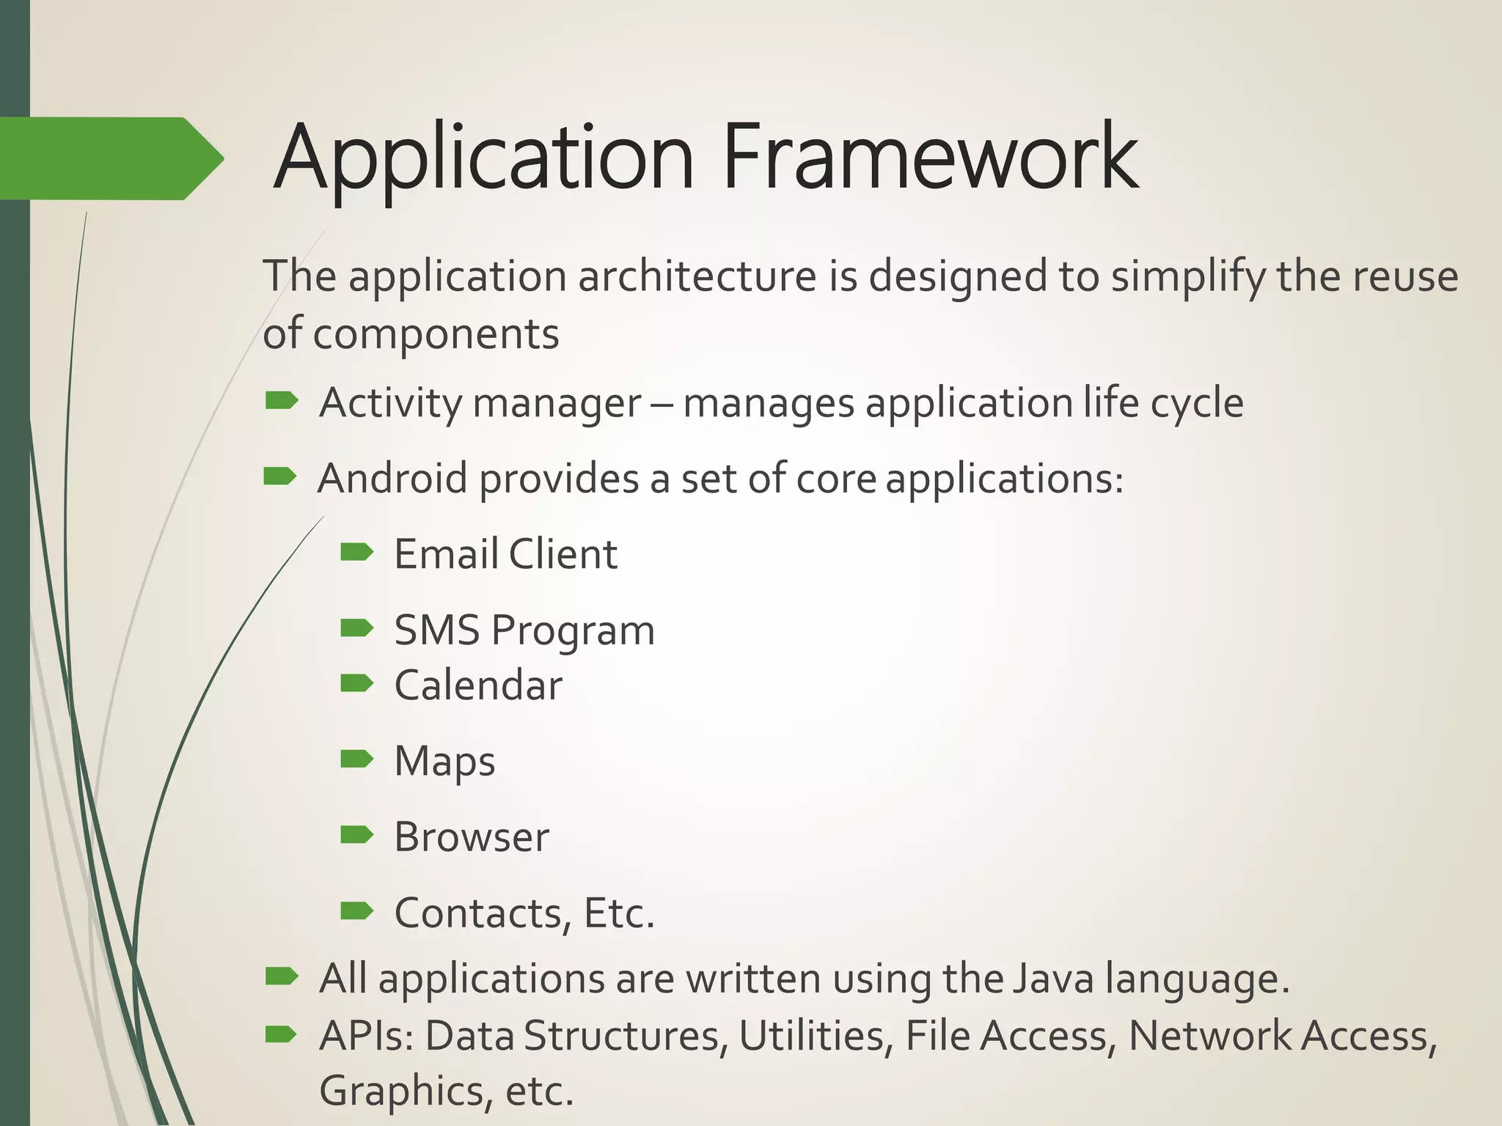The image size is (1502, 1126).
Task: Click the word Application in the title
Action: click(x=484, y=157)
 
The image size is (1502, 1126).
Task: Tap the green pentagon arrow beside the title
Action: click(x=110, y=158)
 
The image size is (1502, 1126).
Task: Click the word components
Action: click(x=436, y=335)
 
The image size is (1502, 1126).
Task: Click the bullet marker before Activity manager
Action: click(x=282, y=400)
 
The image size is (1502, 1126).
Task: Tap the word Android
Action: click(x=392, y=479)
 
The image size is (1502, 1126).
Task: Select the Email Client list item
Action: click(x=505, y=554)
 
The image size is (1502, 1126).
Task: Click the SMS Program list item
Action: click(x=524, y=630)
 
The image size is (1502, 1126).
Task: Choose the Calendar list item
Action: click(x=478, y=685)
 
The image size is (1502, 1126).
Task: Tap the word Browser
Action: click(x=472, y=837)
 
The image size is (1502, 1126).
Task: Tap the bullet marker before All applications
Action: click(x=282, y=976)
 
